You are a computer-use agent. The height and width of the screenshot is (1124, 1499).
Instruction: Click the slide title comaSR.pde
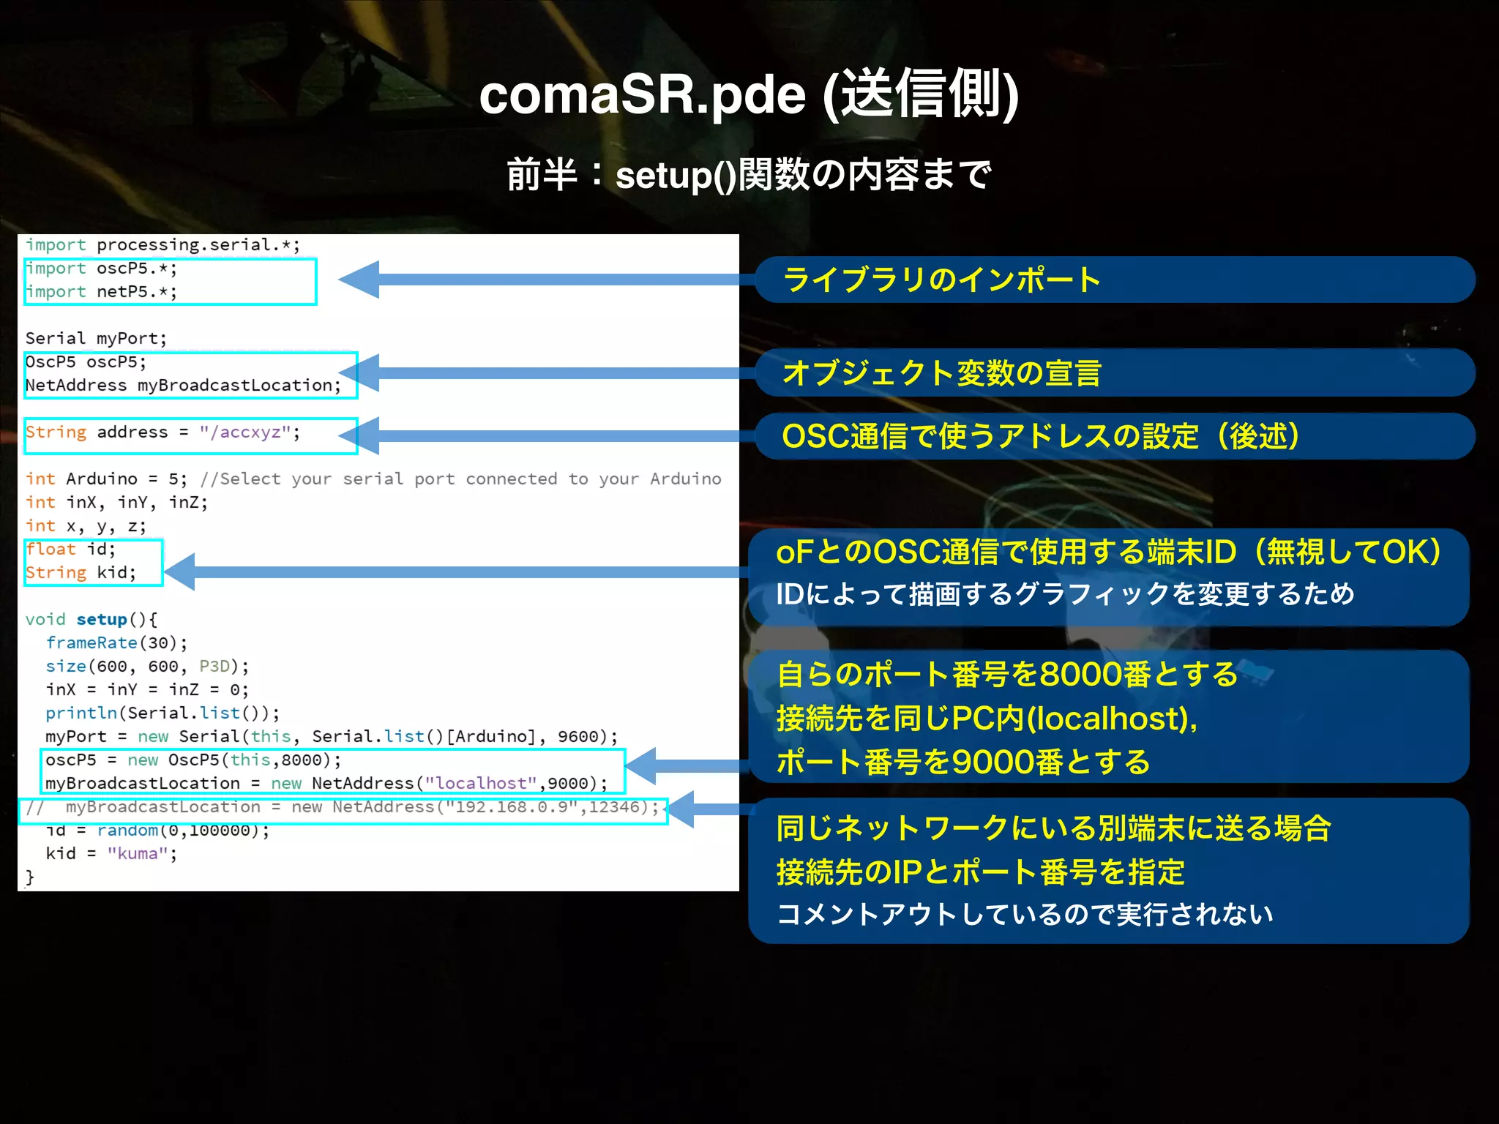click(x=748, y=94)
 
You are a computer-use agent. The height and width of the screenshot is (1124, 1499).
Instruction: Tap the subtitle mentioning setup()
click(x=748, y=175)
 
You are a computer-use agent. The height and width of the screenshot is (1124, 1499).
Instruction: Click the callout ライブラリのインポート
click(x=941, y=280)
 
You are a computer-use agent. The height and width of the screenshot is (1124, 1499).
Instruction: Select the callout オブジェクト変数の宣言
click(x=941, y=373)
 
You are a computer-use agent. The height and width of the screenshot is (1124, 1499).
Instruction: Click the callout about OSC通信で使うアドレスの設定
click(x=1039, y=436)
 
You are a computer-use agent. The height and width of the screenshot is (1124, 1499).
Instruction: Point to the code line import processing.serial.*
click(x=162, y=245)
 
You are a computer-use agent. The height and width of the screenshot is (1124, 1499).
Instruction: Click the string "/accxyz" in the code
click(x=245, y=432)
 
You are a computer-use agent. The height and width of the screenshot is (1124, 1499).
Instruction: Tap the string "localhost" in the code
click(x=481, y=784)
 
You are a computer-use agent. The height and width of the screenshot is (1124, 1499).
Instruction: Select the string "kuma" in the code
click(x=138, y=854)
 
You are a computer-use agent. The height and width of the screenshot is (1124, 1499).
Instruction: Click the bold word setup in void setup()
click(x=102, y=620)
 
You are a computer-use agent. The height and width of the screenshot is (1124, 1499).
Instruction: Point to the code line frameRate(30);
click(x=117, y=643)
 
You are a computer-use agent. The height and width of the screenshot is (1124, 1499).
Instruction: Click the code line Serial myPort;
click(x=96, y=339)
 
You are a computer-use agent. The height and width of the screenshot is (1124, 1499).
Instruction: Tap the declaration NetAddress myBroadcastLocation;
click(x=183, y=386)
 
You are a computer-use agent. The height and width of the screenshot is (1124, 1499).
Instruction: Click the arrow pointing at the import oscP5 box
click(x=542, y=280)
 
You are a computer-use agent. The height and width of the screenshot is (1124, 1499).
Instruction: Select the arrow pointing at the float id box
click(x=454, y=572)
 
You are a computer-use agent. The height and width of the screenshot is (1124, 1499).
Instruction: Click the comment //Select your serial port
click(x=460, y=479)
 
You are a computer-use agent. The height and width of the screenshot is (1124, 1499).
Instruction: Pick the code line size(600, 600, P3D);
click(x=147, y=667)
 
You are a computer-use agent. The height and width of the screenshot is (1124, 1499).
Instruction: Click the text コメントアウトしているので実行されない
click(x=1025, y=914)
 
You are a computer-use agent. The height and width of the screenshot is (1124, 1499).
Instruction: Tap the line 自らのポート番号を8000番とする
click(x=1007, y=674)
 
